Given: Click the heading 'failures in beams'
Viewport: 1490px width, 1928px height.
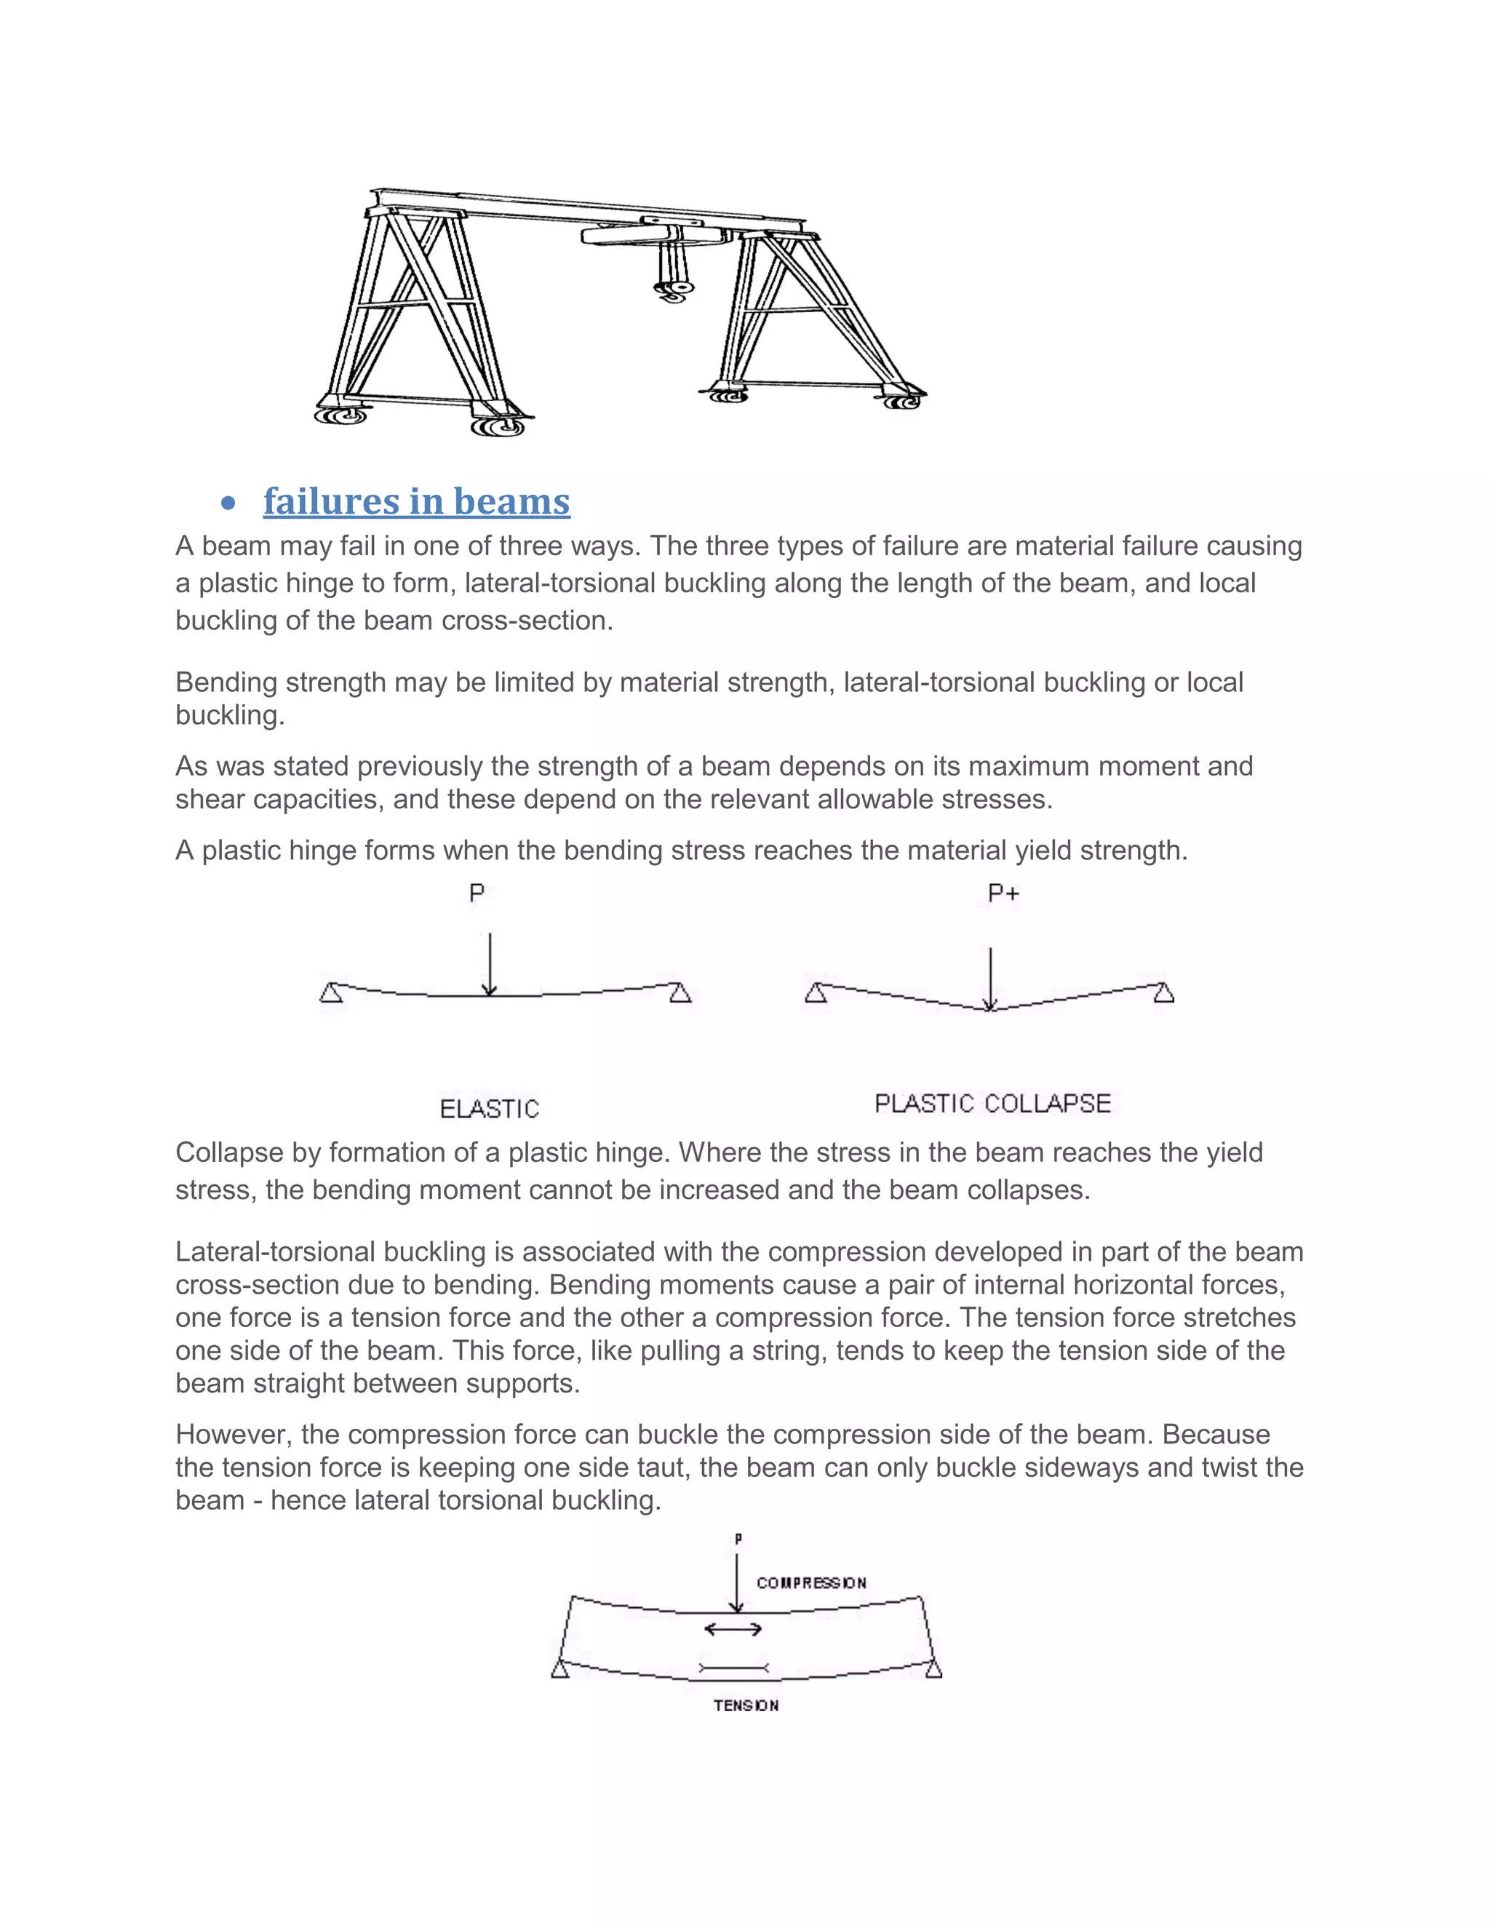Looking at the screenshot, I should [417, 501].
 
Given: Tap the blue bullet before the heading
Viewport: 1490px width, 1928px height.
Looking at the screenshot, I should [228, 504].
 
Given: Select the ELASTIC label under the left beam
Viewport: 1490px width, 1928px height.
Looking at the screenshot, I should [489, 1109].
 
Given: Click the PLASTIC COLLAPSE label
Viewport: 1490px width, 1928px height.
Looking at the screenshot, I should [992, 1104].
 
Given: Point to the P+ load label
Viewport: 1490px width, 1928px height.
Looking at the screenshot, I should [1003, 893].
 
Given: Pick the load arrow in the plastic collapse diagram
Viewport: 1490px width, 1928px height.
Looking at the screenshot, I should [990, 978].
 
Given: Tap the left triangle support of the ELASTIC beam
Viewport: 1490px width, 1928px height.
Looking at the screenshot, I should [331, 993].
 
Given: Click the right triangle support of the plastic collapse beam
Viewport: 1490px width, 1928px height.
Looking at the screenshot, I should [1164, 993].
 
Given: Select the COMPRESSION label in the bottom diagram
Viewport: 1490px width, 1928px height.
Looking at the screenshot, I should [811, 1583].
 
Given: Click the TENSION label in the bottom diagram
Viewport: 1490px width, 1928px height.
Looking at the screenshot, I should [746, 1705].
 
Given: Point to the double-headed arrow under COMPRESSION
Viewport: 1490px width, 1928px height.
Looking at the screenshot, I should [733, 1629].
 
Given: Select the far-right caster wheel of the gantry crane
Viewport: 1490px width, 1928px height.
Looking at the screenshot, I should [902, 401].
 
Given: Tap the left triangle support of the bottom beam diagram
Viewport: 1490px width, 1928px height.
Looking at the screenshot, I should [559, 1668].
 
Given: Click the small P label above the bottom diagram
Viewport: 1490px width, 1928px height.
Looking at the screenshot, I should [738, 1539].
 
